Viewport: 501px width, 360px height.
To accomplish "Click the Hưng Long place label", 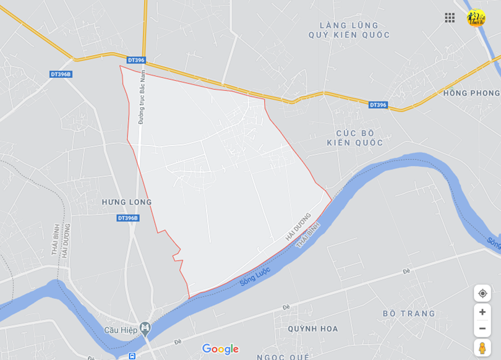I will tap(127, 202).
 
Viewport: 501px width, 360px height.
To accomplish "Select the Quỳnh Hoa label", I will tap(313, 329).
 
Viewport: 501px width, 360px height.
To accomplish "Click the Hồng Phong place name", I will tap(471, 93).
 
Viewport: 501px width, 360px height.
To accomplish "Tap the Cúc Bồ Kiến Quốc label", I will tap(355, 138).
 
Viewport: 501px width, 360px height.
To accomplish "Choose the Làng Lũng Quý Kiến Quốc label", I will tap(349, 30).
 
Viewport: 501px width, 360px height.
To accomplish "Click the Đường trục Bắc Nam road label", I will tap(142, 98).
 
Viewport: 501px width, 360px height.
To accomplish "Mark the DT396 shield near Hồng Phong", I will tap(378, 105).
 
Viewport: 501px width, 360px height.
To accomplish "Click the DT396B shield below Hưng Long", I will tap(128, 218).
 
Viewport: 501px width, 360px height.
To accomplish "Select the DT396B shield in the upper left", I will tap(61, 74).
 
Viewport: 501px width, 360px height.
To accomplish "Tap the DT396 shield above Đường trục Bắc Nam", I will tap(135, 60).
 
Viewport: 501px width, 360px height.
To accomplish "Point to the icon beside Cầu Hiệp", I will tap(145, 327).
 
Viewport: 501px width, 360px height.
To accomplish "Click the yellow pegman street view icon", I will tap(482, 348).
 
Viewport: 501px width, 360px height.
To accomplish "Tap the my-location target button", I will tap(482, 293).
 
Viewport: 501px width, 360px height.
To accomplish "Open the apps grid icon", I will tap(450, 17).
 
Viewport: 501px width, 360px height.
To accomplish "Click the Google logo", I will tap(220, 349).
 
